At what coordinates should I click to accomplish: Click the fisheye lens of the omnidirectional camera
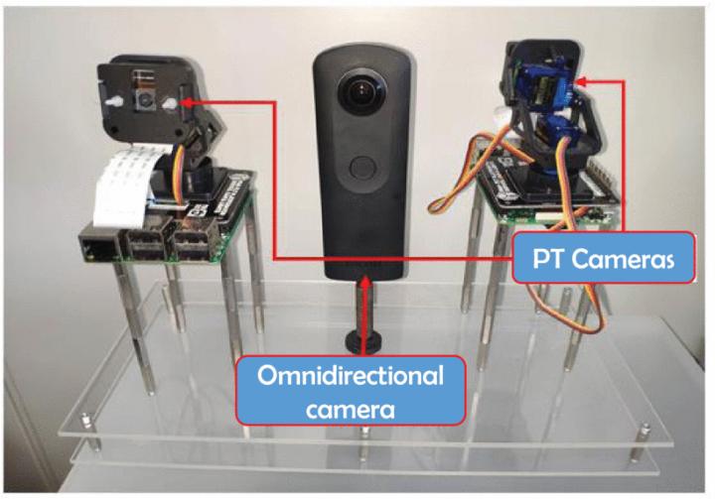coord(357,93)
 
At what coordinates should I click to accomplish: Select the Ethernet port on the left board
coord(97,248)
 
